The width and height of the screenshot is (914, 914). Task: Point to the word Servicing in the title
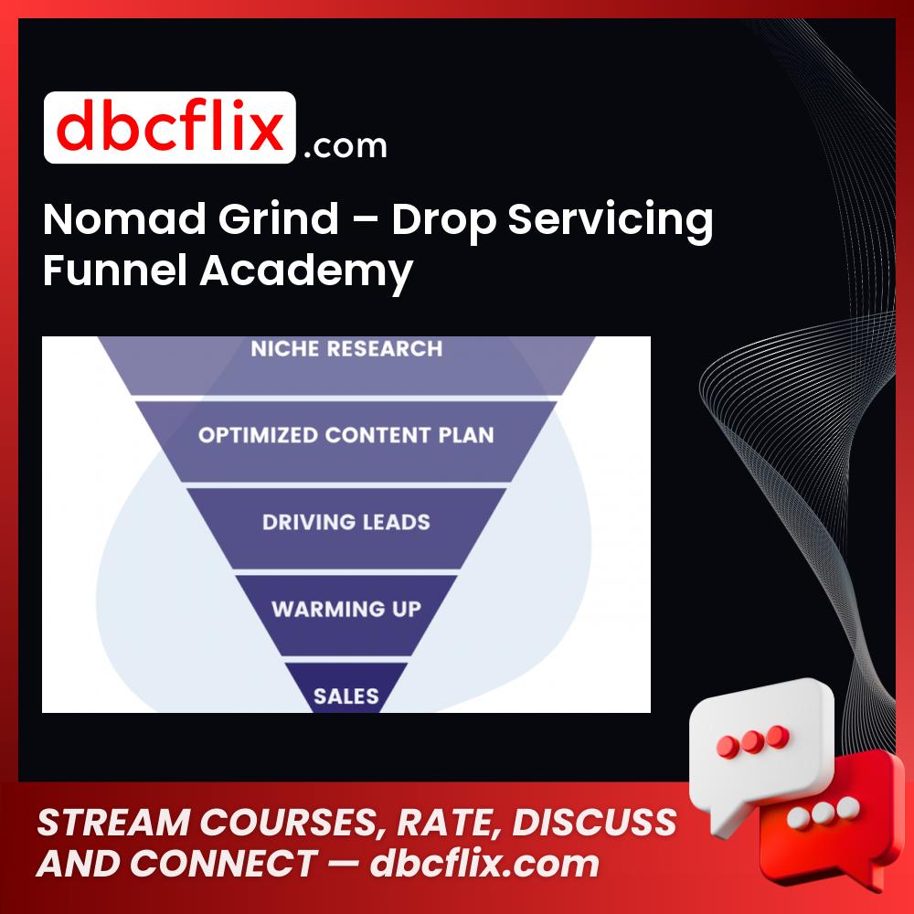[x=610, y=221]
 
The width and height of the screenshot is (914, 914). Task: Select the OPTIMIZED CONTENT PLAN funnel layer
[x=346, y=435]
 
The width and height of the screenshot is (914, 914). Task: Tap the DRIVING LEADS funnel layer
[x=346, y=523]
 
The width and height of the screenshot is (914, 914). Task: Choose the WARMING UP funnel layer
[x=346, y=609]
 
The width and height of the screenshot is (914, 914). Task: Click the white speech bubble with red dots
[x=763, y=736]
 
